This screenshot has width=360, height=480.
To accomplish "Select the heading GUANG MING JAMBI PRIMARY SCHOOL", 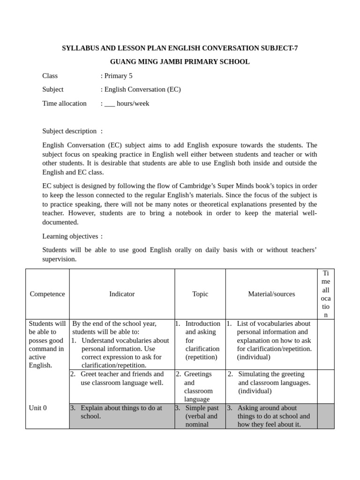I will tap(180, 62).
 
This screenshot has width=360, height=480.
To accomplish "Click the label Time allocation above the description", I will tap(64, 103).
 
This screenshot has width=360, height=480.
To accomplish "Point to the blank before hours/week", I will tap(110, 104).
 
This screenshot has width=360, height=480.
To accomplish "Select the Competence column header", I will tap(47, 294).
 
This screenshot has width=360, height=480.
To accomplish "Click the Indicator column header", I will tap(122, 294).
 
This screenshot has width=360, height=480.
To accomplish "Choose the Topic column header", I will tap(200, 294).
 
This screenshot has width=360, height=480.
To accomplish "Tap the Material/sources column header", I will tap(271, 294).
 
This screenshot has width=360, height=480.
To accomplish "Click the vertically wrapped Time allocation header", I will tap(326, 294).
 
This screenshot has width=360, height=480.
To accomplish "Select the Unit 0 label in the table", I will tap(38, 408).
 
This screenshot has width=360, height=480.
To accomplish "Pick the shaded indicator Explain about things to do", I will tap(121, 412).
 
